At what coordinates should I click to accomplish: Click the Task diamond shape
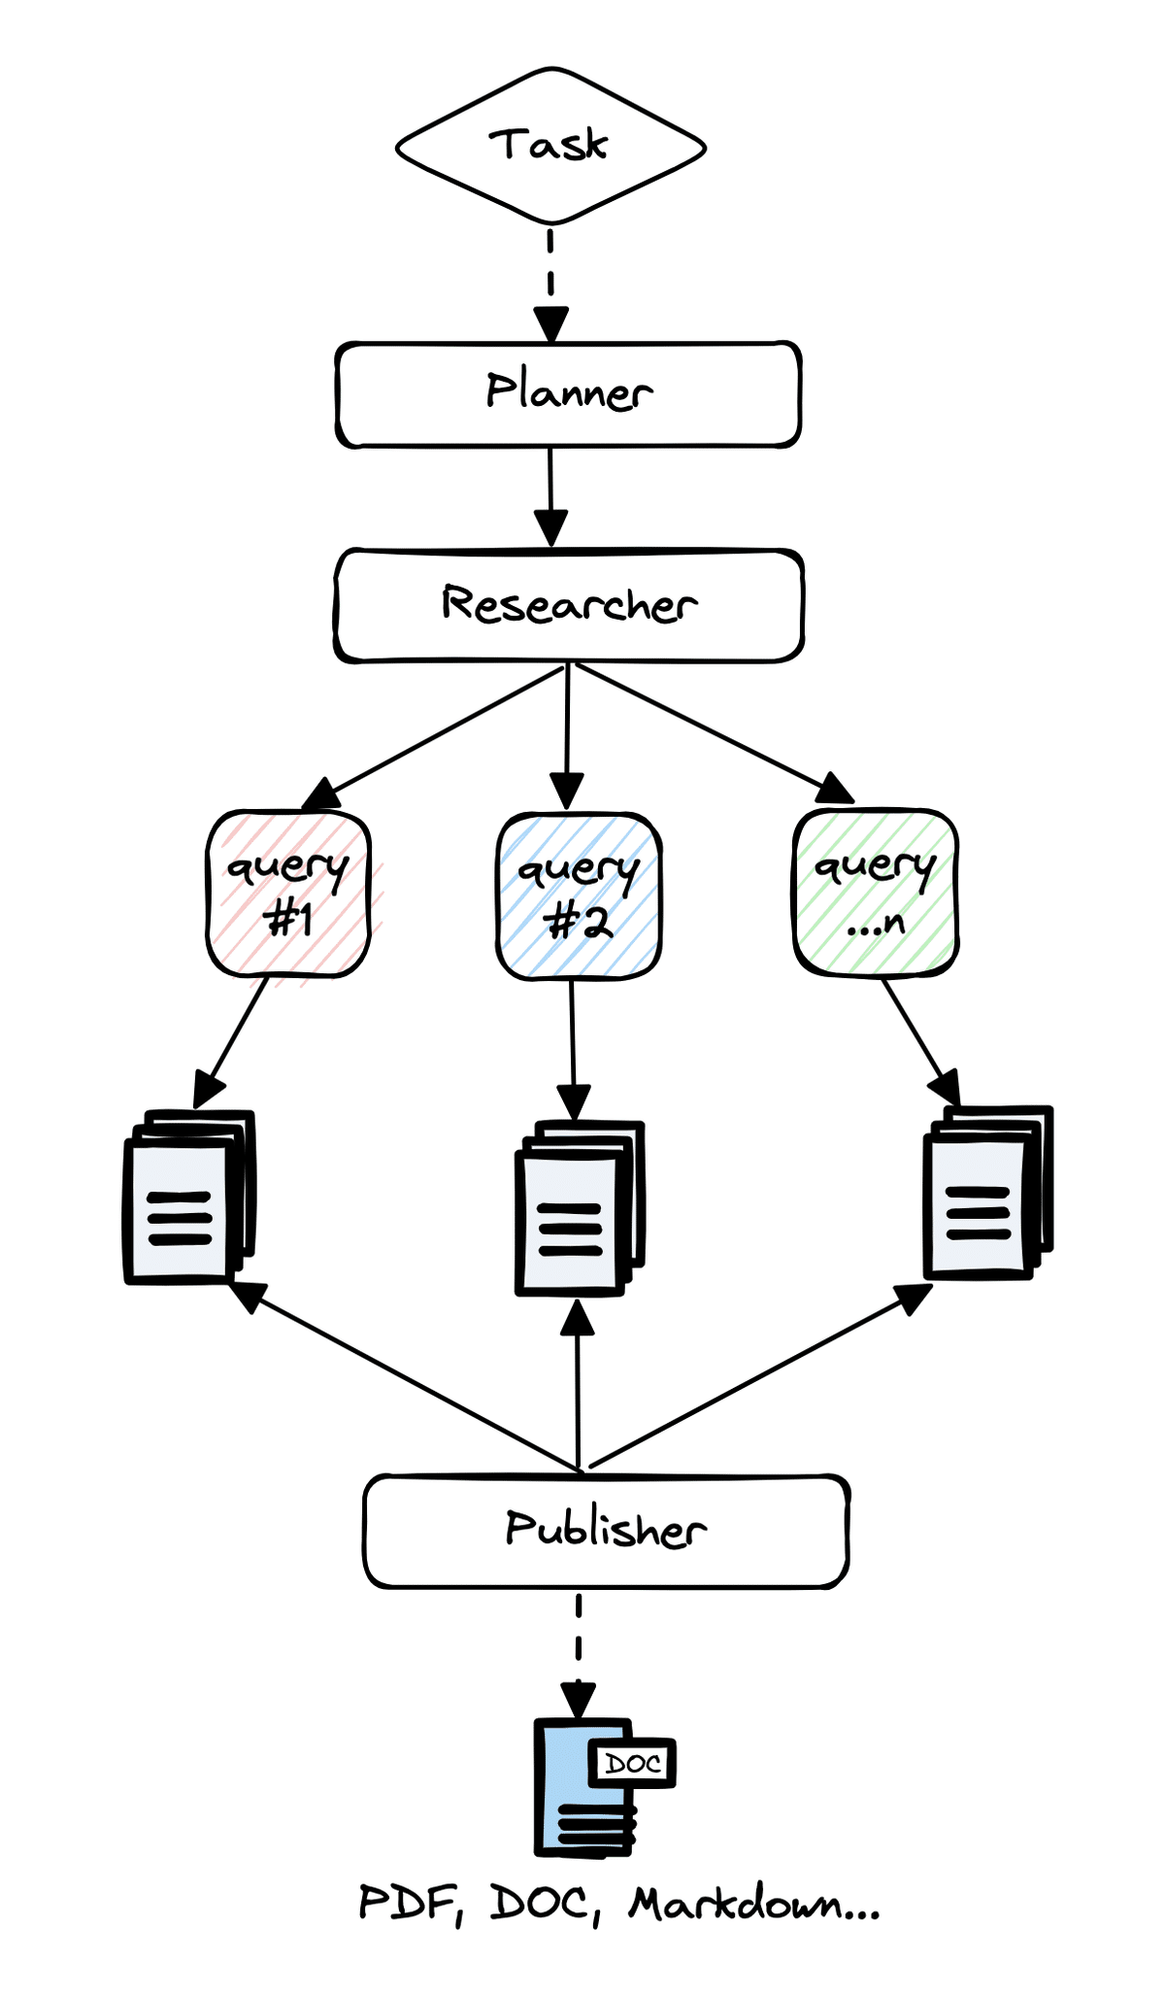click(x=550, y=146)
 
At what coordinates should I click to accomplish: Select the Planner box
click(x=568, y=393)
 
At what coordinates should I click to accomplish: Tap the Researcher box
click(x=569, y=605)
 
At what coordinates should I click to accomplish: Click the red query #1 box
click(x=288, y=894)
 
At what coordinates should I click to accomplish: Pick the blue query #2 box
click(x=579, y=896)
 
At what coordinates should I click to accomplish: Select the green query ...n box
click(x=876, y=892)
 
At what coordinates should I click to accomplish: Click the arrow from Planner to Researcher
click(x=550, y=495)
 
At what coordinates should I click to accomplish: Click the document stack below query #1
click(x=188, y=1198)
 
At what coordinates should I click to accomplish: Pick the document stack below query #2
click(x=579, y=1208)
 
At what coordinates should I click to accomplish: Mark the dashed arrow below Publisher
click(x=579, y=1651)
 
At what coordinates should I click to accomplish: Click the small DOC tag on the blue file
click(x=632, y=1763)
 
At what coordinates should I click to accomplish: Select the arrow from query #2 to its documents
click(x=573, y=1049)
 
